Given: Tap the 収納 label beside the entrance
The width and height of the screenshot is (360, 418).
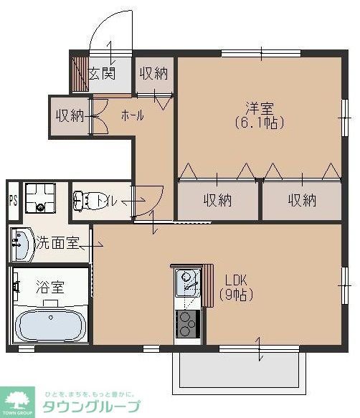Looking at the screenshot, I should coord(153,73).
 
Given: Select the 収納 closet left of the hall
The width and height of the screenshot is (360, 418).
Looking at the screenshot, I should coord(70,115).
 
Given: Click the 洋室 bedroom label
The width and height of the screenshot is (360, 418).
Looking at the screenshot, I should coord(259,108).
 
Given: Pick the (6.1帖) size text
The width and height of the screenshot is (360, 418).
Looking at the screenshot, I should coord(259,123).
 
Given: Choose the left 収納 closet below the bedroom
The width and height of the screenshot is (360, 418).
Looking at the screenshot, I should coord(217,200).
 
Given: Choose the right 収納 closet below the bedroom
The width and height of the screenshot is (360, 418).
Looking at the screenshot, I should coord(302,200).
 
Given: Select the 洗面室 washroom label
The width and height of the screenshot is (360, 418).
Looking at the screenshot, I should coord(59,244).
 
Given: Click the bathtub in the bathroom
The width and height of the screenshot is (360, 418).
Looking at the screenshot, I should coord(49,324).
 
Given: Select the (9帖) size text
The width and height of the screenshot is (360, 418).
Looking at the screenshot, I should coord(236,294).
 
